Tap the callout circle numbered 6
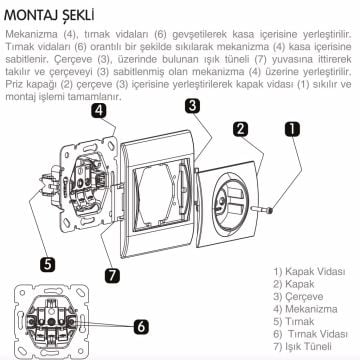click(141, 325)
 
